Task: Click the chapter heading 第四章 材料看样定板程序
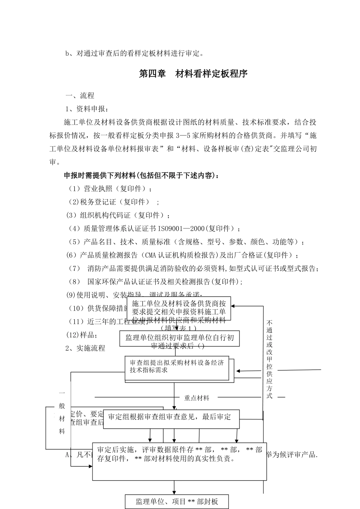(x=193, y=74)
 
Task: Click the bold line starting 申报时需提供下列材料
(x=141, y=175)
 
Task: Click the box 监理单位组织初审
(x=180, y=338)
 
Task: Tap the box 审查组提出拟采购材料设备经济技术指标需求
(x=177, y=367)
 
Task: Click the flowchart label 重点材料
(x=197, y=398)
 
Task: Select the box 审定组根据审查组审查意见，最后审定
(x=171, y=418)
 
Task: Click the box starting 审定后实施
(x=179, y=461)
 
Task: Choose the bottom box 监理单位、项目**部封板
(x=177, y=502)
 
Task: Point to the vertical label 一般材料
(x=62, y=412)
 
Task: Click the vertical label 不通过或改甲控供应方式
(x=269, y=359)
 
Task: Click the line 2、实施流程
(x=85, y=348)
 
